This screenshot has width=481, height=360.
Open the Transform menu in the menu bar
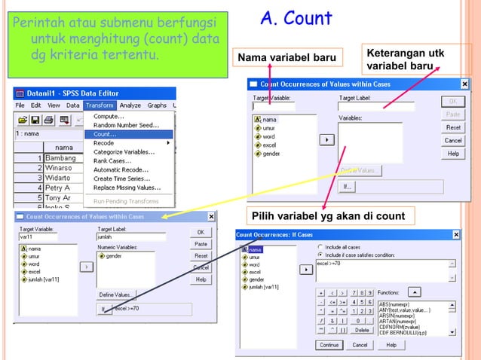coord(100,105)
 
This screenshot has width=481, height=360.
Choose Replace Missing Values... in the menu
coord(127,188)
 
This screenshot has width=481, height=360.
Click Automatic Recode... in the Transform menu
coord(121,169)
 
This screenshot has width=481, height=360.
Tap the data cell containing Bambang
coord(60,158)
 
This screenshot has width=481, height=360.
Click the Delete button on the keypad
coord(362,330)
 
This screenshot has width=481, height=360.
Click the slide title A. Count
coord(296,19)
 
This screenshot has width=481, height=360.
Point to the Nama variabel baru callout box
coord(287,58)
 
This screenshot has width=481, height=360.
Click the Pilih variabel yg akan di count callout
coord(328,217)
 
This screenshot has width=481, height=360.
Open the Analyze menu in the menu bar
coord(130,105)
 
